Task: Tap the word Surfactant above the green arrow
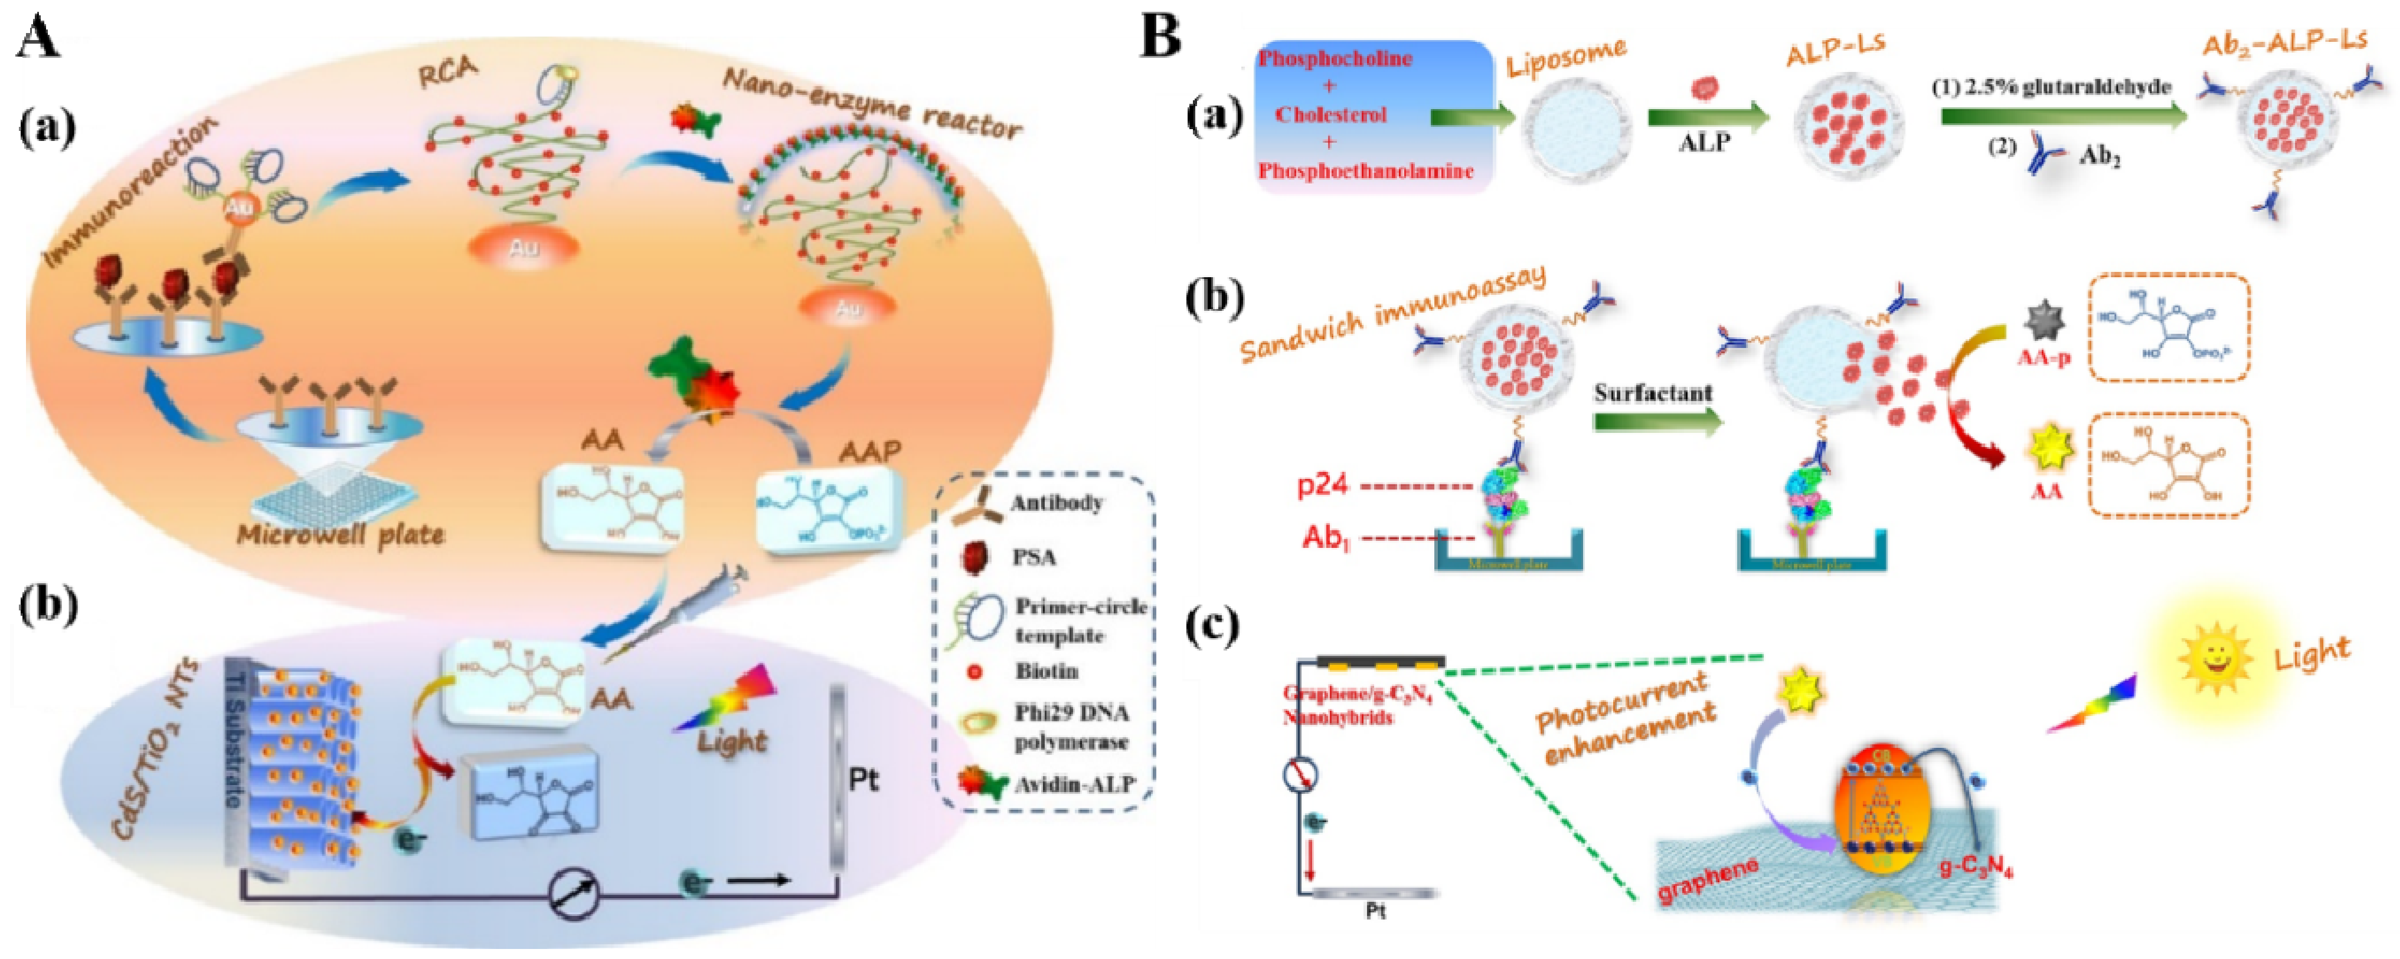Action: coord(1653,393)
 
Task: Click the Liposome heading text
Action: coord(1565,56)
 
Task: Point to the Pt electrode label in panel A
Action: coord(863,779)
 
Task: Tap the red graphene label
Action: coord(1707,880)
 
